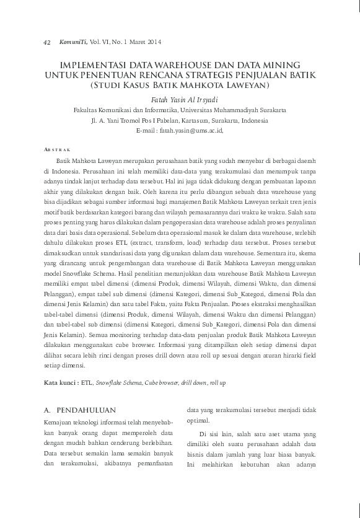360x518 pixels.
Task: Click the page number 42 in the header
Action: (x=46, y=42)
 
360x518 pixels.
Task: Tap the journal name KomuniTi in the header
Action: (x=72, y=42)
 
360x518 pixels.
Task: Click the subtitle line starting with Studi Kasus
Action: (x=180, y=84)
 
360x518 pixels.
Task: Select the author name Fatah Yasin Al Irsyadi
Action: (x=180, y=99)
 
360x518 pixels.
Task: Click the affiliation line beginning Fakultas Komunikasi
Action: (x=180, y=110)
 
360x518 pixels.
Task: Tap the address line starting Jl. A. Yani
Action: (x=180, y=120)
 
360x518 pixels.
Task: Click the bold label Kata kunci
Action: (x=61, y=383)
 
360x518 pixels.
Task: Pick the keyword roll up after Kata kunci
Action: (x=217, y=383)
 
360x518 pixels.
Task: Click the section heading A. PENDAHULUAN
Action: (x=80, y=410)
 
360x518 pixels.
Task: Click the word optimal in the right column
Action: (x=200, y=420)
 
